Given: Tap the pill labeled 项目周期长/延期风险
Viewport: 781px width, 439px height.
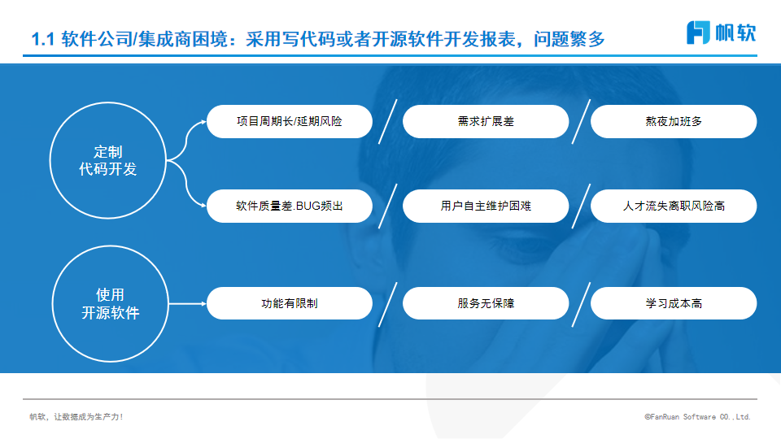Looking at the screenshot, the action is click(x=290, y=121).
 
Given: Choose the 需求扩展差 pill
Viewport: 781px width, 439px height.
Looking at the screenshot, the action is click(x=486, y=121).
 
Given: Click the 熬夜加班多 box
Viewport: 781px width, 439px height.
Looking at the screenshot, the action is click(x=674, y=121).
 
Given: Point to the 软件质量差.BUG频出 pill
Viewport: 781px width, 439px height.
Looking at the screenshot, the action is click(x=290, y=206).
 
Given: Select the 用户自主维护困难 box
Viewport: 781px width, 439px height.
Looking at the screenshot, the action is click(x=486, y=206).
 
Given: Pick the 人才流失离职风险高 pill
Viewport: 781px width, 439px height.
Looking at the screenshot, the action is click(x=674, y=206).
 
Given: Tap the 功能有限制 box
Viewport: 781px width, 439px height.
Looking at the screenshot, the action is click(x=290, y=303).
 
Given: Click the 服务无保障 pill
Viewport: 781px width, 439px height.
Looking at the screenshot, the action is click(x=486, y=303).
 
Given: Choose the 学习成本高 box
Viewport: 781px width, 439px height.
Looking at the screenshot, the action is click(x=674, y=303).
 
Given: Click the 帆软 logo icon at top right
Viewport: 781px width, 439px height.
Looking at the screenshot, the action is click(x=698, y=33).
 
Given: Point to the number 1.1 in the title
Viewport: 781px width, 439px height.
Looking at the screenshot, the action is click(x=43, y=39).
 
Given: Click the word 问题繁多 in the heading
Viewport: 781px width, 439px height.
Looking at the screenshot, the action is click(x=569, y=39).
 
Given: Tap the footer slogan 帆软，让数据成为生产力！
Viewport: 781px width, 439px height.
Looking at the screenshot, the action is click(x=76, y=416).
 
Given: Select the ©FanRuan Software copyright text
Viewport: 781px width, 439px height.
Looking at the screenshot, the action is click(x=697, y=416).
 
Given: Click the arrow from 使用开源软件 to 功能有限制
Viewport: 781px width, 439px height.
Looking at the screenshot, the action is click(x=187, y=303).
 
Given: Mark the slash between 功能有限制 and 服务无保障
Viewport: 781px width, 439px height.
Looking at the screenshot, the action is click(x=387, y=305).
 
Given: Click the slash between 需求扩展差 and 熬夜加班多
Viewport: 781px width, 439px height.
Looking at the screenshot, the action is click(x=581, y=121).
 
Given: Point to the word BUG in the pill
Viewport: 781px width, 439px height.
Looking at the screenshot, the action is click(x=309, y=206).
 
